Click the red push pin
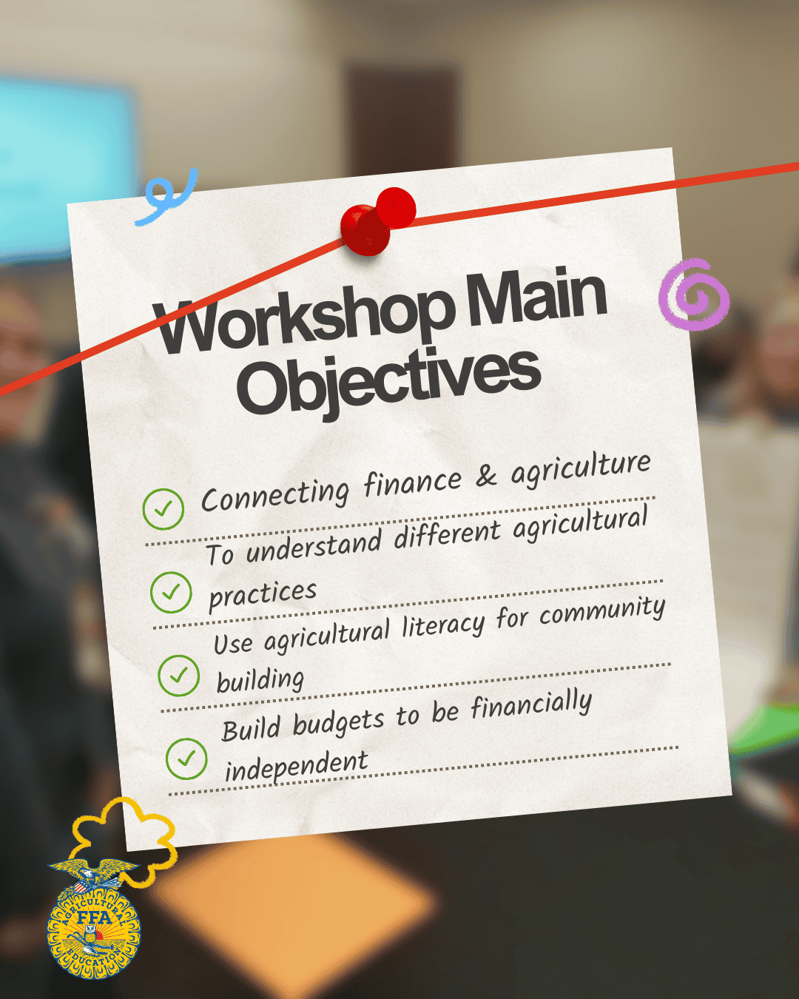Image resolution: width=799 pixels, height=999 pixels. click(377, 221)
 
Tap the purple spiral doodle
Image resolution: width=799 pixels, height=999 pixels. click(694, 295)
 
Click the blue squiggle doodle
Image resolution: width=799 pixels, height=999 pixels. click(167, 197)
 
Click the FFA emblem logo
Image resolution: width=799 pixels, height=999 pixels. click(94, 921)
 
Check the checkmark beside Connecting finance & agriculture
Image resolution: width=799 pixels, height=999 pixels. click(163, 509)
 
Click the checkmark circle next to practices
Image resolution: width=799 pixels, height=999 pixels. click(171, 592)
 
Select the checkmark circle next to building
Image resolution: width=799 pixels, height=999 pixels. click(179, 676)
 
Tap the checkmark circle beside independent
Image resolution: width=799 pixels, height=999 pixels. click(186, 758)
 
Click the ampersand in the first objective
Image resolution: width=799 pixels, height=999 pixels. click(486, 477)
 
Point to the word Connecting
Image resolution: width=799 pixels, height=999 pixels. click(275, 495)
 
